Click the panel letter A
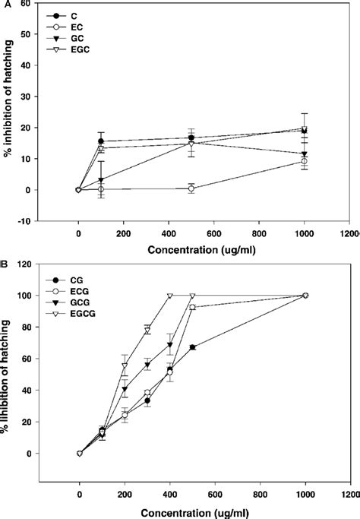point(5,5)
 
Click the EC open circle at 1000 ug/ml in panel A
point(305,161)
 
